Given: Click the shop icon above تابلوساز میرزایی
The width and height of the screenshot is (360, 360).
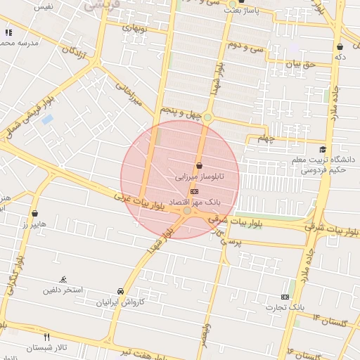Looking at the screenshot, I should (209, 166).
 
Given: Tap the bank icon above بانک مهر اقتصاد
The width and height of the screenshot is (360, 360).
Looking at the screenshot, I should (194, 191).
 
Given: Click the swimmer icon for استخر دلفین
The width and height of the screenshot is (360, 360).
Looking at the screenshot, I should (64, 279).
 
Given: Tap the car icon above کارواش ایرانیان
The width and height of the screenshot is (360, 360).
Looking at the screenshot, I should (120, 291).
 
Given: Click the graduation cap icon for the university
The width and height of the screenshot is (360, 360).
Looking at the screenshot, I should (323, 148).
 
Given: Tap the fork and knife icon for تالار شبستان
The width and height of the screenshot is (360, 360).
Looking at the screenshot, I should (47, 337).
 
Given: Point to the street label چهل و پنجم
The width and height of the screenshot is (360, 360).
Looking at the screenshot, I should (181, 112).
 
